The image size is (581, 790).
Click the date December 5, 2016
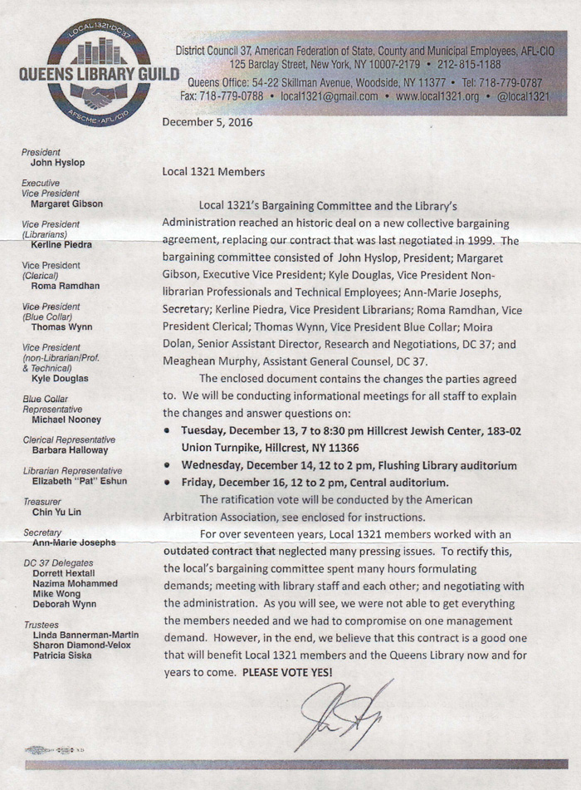tap(207, 123)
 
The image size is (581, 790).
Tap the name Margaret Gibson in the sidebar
tap(67, 203)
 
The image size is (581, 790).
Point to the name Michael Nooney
tap(67, 420)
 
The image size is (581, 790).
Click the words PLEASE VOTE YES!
tap(287, 671)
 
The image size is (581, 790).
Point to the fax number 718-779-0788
tap(227, 96)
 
